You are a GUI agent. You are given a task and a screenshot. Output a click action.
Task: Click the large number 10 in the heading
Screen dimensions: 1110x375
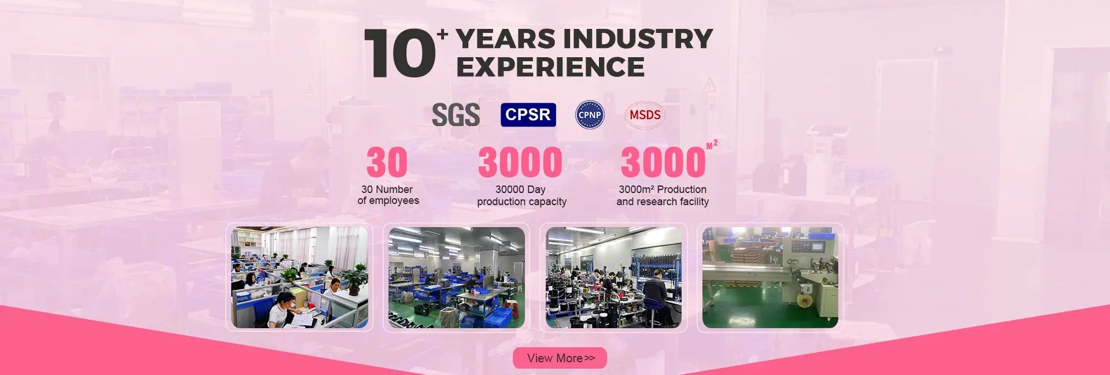click(399, 53)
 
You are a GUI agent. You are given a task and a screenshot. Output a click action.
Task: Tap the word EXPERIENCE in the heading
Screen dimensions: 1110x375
click(550, 66)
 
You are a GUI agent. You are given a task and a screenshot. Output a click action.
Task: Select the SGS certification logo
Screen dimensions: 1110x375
click(456, 114)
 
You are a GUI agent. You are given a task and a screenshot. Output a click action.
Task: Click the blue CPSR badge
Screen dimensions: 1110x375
click(528, 114)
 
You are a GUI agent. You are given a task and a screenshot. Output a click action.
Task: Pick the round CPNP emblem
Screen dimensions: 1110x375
click(590, 114)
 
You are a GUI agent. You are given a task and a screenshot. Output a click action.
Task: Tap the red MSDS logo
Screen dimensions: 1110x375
click(645, 115)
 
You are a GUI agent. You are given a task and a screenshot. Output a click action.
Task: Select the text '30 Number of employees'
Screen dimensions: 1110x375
click(388, 195)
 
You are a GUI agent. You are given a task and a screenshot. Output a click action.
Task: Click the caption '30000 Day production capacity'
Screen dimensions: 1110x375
click(521, 195)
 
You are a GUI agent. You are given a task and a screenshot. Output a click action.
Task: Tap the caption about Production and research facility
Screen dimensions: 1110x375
click(663, 195)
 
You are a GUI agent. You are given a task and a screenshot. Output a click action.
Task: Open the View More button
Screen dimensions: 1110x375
click(560, 358)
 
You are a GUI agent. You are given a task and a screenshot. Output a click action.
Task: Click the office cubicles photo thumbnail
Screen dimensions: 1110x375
click(299, 277)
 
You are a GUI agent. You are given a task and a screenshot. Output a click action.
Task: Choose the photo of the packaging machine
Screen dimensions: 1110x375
click(770, 277)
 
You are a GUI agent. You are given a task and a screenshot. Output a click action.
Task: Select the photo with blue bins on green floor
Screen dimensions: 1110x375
click(457, 277)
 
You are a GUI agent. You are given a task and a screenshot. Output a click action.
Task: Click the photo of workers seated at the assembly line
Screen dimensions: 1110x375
click(613, 277)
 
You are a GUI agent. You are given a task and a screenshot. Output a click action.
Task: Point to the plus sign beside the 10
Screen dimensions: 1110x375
click(443, 34)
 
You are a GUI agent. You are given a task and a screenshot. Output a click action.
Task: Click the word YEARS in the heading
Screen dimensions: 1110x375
click(506, 39)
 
